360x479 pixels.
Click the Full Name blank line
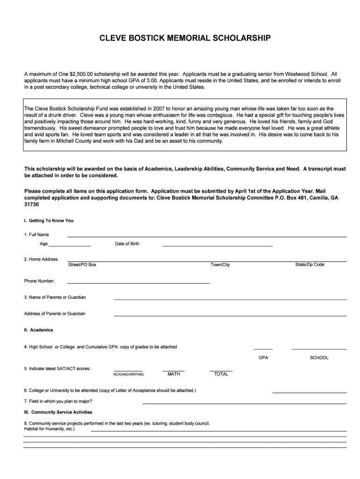207,236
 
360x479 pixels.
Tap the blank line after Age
70,246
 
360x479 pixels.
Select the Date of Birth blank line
217,246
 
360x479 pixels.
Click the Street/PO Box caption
82,265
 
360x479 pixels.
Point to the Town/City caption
220,265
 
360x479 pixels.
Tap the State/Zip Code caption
310,265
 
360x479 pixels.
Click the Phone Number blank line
138,283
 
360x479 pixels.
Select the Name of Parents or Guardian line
230,299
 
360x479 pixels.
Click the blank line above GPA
263,349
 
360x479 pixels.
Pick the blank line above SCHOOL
319,349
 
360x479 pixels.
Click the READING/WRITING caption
129,375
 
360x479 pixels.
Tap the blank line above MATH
173,371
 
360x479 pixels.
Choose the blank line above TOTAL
221,371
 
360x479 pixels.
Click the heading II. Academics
39,330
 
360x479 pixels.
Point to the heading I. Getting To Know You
49,221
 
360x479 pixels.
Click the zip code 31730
31,205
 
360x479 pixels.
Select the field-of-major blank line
245,403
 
